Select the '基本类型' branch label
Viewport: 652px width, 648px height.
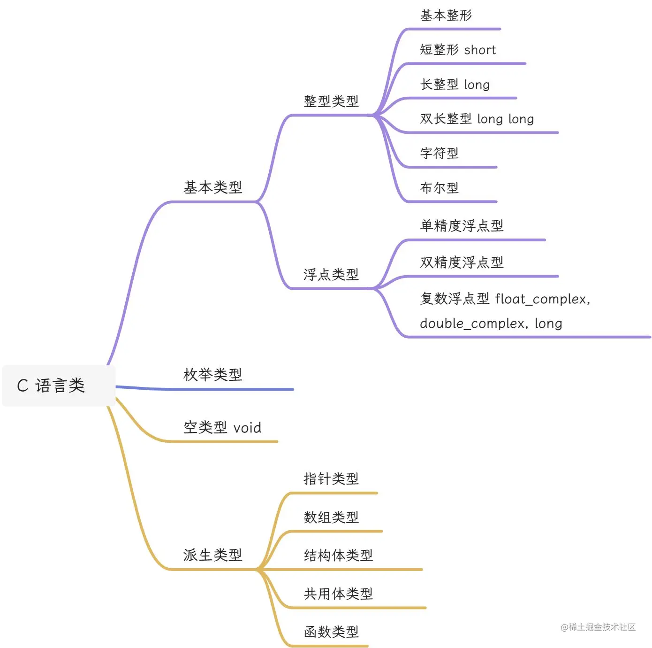[212, 187]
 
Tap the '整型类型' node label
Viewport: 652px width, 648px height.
[331, 101]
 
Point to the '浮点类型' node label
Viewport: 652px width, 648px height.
[331, 274]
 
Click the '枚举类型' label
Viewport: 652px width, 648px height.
[212, 375]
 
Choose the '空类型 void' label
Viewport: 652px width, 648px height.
[222, 427]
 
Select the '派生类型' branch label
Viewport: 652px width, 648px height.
[212, 555]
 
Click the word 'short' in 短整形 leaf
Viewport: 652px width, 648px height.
[480, 50]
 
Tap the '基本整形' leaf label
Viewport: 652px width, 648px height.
[446, 15]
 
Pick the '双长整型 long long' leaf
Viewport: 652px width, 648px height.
[477, 119]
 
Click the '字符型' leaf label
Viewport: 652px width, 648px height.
[439, 153]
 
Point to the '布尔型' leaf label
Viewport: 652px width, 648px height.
[439, 188]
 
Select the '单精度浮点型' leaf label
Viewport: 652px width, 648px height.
[462, 226]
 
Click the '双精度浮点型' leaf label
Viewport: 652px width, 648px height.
[462, 262]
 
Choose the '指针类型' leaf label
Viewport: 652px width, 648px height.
[331, 479]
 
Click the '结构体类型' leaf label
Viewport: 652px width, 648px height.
[338, 555]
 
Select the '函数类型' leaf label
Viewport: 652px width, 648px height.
[331, 632]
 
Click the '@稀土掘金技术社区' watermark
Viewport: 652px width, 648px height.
[598, 627]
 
